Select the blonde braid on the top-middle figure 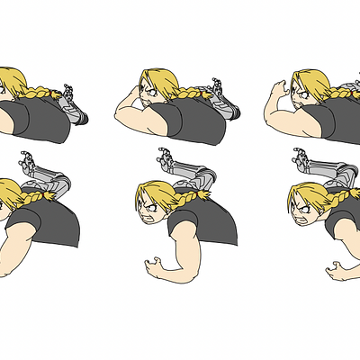pos(189,92)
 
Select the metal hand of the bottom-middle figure pos(165,157)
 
